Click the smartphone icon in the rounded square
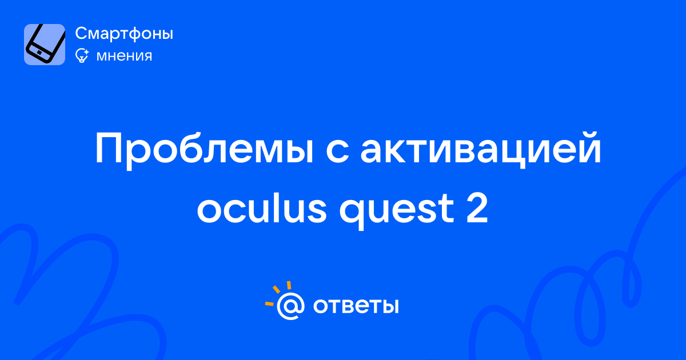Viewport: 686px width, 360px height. [45, 44]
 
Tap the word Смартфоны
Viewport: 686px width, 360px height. [124, 33]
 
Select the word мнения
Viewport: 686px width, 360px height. [124, 56]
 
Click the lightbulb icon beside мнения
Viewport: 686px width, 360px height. [82, 55]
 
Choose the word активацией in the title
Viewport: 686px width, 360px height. [481, 150]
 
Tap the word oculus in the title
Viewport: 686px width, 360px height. [262, 208]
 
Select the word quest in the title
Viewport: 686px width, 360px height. [396, 211]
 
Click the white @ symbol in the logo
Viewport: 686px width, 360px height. [290, 306]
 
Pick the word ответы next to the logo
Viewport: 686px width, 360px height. [356, 306]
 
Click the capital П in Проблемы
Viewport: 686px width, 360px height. [109, 148]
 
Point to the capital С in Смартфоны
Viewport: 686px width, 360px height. [82, 33]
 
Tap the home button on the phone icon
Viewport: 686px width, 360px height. [39, 53]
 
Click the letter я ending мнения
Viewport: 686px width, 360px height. [147, 57]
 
